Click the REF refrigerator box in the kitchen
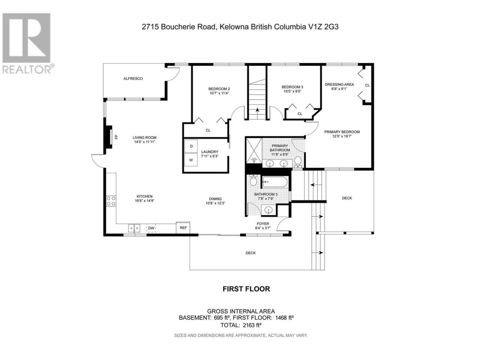(x=183, y=228)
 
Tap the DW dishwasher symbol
(x=151, y=228)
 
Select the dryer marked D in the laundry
(x=191, y=146)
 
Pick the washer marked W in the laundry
(x=191, y=160)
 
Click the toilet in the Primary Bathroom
(x=298, y=162)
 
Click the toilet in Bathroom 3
(x=253, y=180)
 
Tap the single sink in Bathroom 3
(x=268, y=210)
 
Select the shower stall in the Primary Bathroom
(x=254, y=151)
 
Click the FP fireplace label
(x=116, y=137)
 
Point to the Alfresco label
(x=133, y=78)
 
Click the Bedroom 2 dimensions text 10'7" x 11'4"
(x=219, y=93)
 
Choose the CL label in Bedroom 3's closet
(x=300, y=114)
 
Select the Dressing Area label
(x=339, y=84)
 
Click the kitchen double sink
(x=134, y=228)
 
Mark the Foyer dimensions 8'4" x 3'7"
(x=262, y=228)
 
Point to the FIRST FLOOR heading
(x=246, y=289)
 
